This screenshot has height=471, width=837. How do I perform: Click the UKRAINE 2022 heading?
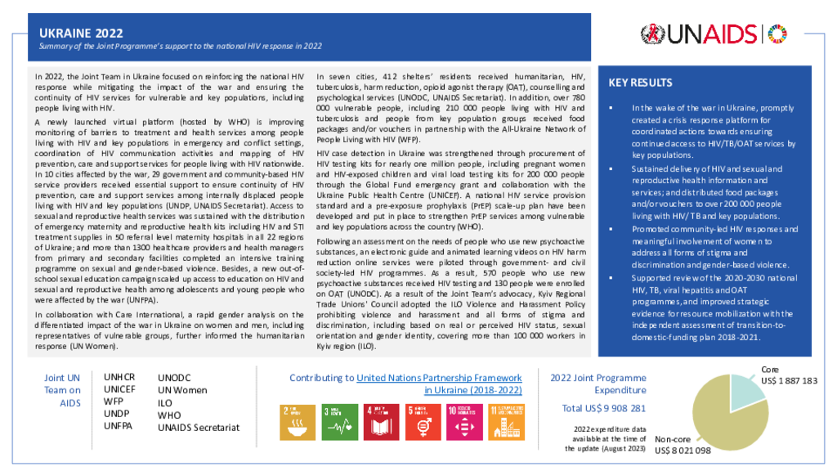tap(82, 33)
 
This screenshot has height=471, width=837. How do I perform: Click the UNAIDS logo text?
tap(711, 34)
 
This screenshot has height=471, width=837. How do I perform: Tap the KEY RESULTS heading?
tap(641, 83)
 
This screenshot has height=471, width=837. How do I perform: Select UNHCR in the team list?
tap(119, 378)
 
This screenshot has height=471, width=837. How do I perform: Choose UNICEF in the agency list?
tap(119, 390)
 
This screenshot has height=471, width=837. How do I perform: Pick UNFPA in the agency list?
tap(119, 426)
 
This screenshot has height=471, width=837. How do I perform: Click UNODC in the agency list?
tap(175, 379)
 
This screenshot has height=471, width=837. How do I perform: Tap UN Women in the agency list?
tap(182, 391)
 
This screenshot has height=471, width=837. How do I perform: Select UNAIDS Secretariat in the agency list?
tap(198, 427)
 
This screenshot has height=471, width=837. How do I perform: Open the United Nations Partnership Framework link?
tap(439, 378)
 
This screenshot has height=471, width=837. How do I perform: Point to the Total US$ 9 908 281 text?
tap(604, 408)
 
